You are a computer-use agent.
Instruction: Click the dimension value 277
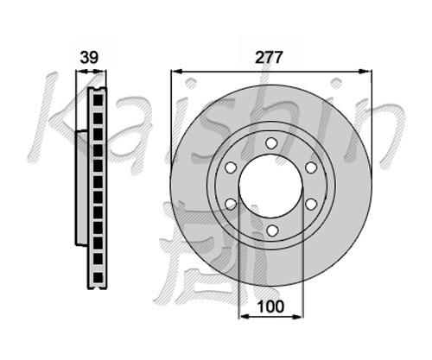click(x=269, y=58)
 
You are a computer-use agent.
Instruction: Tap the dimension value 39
click(x=89, y=57)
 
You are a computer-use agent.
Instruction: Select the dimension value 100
click(x=270, y=306)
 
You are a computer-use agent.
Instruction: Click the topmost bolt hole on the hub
click(x=271, y=143)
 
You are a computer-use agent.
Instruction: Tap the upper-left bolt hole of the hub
click(x=231, y=167)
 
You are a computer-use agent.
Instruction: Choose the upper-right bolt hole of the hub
click(x=311, y=167)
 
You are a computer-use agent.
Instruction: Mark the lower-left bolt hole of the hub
click(x=231, y=205)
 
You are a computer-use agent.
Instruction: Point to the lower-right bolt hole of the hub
click(x=311, y=205)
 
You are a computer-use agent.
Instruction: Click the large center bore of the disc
click(x=270, y=186)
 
